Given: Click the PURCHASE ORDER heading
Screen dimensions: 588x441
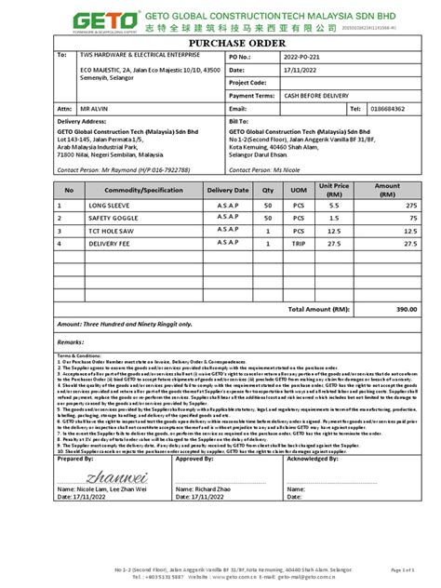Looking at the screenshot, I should (220, 44).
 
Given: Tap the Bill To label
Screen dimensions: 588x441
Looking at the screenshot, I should (237, 122).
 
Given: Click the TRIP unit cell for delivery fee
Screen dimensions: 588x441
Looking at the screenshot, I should (299, 243).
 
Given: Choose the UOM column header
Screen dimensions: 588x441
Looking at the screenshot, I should (299, 189).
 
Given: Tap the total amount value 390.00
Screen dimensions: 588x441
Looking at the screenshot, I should (405, 308).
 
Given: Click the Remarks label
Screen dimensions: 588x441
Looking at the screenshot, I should (71, 342).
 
